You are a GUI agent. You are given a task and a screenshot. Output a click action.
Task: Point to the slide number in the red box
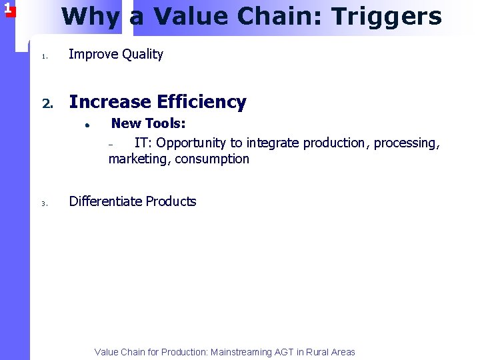point(7,8)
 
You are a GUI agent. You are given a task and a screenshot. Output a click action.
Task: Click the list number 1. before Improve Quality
point(44,56)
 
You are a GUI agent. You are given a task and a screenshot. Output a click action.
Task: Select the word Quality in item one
point(143,55)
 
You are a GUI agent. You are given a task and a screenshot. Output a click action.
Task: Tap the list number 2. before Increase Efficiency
point(47,103)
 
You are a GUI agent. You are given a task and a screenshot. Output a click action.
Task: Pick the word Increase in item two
point(110,102)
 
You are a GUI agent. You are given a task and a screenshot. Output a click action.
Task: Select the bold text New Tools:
point(148,123)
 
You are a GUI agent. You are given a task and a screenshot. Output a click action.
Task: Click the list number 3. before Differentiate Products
point(44,203)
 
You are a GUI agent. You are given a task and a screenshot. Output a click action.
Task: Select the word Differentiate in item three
point(105,201)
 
